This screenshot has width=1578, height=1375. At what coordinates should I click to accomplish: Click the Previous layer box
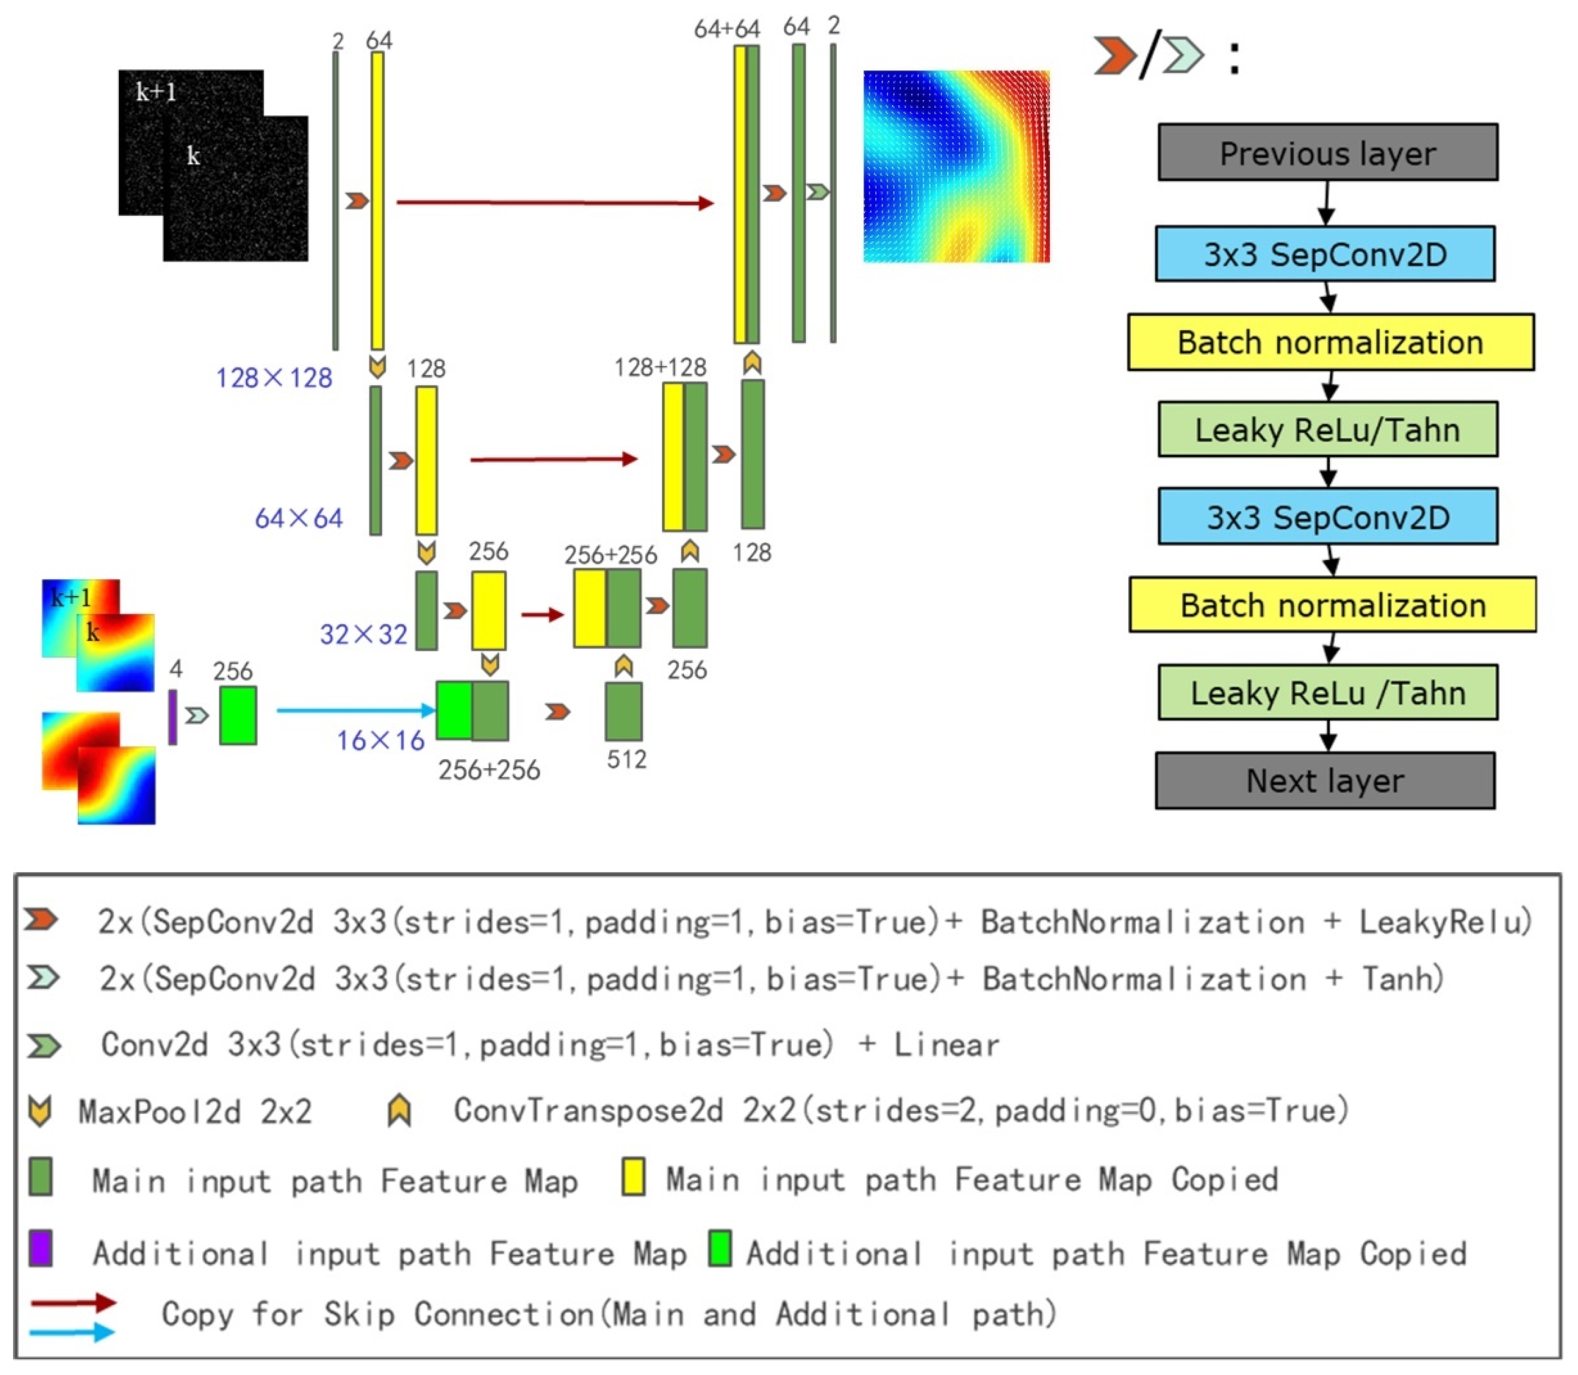pos(1327,153)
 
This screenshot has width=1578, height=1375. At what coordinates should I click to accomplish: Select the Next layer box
pos(1325,781)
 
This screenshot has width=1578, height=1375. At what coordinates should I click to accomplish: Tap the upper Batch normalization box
pos(1330,342)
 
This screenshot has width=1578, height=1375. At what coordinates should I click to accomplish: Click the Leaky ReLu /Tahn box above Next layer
pos(1327,693)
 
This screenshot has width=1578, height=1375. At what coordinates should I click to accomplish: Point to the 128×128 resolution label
pos(274,378)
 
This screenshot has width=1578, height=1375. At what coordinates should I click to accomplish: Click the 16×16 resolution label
pos(381,740)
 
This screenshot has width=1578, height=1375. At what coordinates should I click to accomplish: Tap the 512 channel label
pos(626,760)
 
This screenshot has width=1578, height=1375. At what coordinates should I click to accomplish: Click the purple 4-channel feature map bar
pos(173,716)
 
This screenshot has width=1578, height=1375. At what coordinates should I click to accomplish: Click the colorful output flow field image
pos(956,166)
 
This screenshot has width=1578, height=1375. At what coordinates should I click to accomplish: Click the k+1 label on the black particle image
pos(156,92)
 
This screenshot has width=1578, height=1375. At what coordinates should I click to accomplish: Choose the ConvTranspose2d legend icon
pos(399,1110)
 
